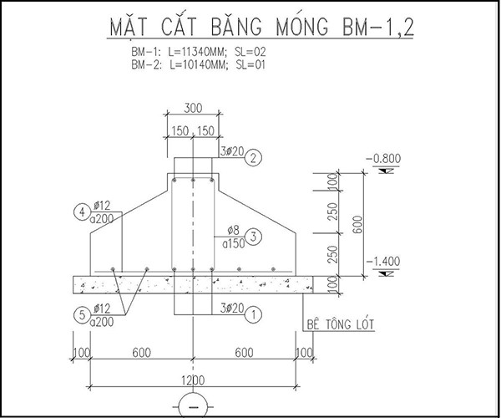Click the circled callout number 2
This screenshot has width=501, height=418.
[x=253, y=158]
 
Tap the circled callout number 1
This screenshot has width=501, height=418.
[x=253, y=314]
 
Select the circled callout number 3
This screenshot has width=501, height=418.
[x=253, y=237]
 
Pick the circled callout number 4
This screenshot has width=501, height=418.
[x=82, y=212]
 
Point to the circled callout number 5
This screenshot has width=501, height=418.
[x=82, y=315]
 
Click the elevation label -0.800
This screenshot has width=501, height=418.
[x=383, y=159]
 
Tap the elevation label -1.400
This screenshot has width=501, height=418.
[x=383, y=262]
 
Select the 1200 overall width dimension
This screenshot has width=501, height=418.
[x=193, y=380]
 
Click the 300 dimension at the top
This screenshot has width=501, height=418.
[x=193, y=108]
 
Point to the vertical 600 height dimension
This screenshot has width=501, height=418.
[x=358, y=224]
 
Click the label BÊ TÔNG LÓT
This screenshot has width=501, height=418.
[x=340, y=324]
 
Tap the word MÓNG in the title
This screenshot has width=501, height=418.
[x=302, y=26]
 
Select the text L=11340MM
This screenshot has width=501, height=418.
[x=198, y=52]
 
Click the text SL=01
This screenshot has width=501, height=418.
[x=250, y=65]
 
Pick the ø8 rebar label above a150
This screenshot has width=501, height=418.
[x=233, y=230]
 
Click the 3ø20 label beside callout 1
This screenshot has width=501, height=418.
[x=232, y=308]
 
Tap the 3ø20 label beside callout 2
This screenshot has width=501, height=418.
[x=232, y=151]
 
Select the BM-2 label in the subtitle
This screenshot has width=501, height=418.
[x=146, y=65]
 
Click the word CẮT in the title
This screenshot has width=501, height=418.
[x=180, y=26]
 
